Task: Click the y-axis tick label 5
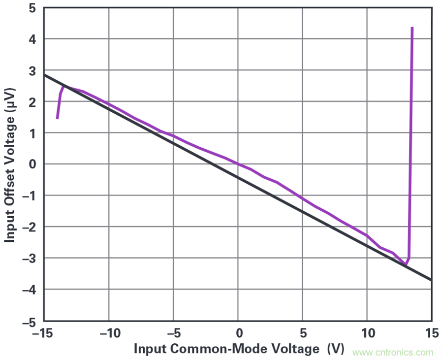point(33,8)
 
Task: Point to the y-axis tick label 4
point(33,39)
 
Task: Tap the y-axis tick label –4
point(30,290)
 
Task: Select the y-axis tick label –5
point(30,321)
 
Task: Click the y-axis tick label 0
point(33,164)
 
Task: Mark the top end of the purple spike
point(412,28)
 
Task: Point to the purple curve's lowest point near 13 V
point(406,264)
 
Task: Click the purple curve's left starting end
point(58,118)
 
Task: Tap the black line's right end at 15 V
point(431,280)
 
